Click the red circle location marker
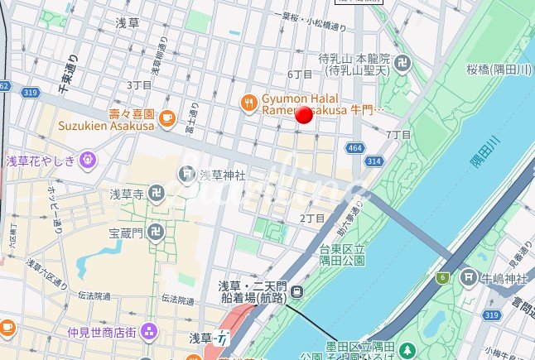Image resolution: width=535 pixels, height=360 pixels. point(305,116)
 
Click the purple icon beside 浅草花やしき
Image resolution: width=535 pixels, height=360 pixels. point(88,160)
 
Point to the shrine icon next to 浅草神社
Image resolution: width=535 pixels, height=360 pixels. point(186,175)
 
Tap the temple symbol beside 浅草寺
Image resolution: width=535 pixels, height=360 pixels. point(157,194)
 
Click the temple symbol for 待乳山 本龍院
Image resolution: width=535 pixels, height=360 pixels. point(402,64)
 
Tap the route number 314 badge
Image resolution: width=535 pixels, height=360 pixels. point(374,162)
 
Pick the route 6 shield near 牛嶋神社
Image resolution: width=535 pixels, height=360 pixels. point(444,278)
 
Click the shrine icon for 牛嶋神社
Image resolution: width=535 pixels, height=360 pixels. point(470,278)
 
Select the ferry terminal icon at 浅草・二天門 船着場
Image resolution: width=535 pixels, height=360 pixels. point(296,290)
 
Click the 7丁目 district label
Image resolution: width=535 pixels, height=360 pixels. point(398,134)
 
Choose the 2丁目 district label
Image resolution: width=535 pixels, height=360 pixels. point(311,218)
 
